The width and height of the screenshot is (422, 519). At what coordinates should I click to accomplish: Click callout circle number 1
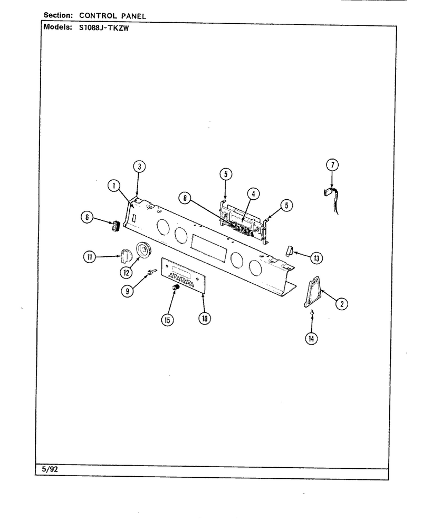click(114, 186)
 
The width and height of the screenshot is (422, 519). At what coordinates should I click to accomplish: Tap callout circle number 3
click(139, 167)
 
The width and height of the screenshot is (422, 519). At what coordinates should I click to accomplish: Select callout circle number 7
click(332, 165)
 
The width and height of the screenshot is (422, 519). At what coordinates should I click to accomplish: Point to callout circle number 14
click(311, 338)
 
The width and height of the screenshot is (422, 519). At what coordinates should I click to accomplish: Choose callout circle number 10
click(205, 318)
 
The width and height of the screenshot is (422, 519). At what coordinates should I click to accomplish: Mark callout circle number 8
click(185, 198)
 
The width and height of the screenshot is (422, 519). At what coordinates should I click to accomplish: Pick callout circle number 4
click(254, 193)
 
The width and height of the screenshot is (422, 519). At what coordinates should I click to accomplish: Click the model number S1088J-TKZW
click(104, 28)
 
